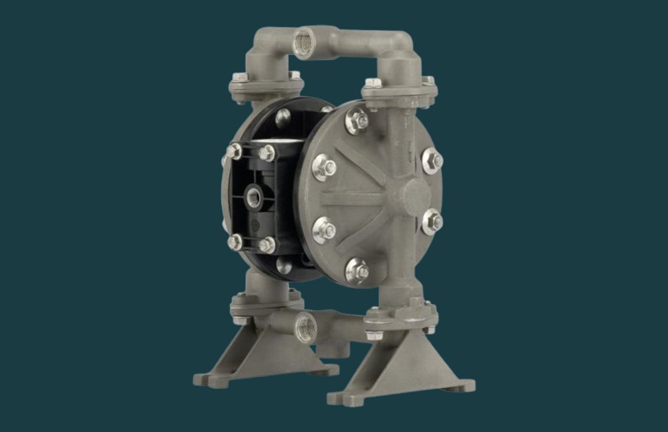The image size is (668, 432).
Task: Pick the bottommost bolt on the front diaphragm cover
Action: coord(357,271)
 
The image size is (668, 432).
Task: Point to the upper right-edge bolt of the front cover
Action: coord(432,159)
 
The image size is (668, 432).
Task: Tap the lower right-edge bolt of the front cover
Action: coord(432,222)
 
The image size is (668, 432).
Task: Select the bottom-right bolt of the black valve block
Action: coord(267,244)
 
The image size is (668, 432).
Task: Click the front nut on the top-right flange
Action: coord(373,84)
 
